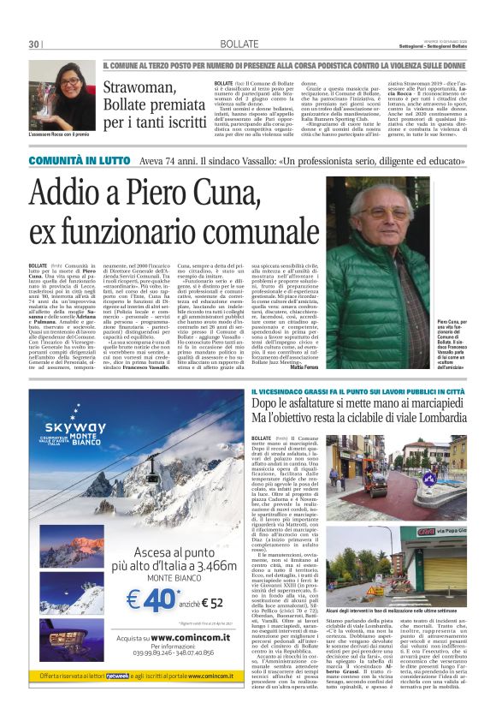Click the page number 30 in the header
point(33,44)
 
